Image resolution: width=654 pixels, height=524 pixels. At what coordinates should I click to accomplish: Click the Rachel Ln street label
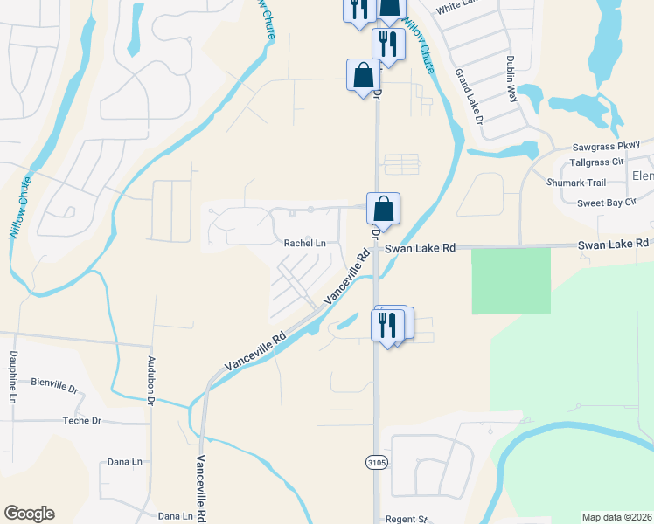coord(304,243)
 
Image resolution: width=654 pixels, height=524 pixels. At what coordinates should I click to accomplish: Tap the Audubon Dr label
coord(150,380)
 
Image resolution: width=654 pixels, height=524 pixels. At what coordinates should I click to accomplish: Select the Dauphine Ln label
coord(13,376)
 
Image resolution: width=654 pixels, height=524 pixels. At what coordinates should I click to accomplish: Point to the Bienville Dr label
coord(54,383)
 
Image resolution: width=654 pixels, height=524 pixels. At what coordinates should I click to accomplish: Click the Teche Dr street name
coord(82,420)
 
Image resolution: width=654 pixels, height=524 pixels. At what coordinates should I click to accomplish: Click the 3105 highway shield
coord(375,460)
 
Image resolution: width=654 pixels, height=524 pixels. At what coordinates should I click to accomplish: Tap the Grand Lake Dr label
coord(470,97)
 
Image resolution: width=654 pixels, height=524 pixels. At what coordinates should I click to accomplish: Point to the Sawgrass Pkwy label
coord(606,145)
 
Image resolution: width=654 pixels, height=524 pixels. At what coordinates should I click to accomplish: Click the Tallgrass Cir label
coord(595,162)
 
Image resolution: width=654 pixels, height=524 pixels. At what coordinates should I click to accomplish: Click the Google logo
coord(29,514)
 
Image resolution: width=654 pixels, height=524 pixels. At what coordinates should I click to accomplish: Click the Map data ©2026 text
coord(617,517)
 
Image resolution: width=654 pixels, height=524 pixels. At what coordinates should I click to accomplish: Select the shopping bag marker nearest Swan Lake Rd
coord(383,210)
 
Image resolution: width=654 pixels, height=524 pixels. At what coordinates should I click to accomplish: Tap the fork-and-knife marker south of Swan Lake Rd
coord(386,324)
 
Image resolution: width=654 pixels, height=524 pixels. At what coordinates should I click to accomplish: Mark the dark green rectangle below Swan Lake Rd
coord(511,280)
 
